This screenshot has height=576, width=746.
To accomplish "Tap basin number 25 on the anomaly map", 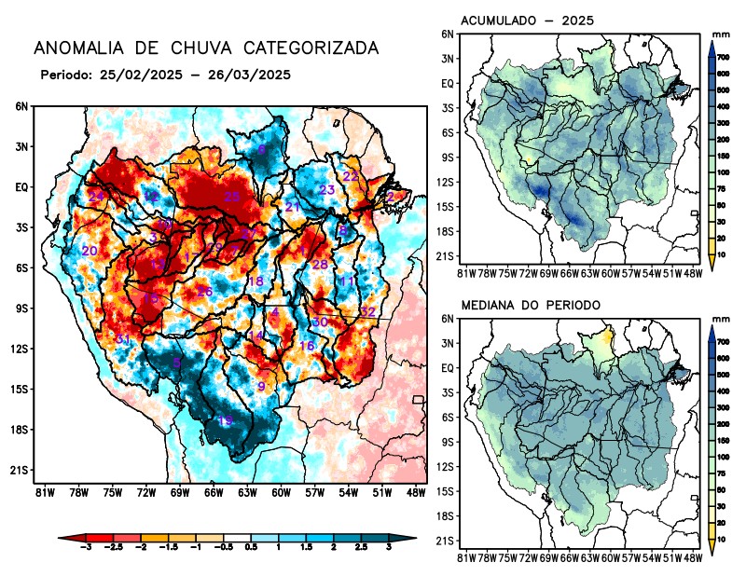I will (x=232, y=197).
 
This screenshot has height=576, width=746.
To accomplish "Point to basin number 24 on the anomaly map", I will (x=96, y=196).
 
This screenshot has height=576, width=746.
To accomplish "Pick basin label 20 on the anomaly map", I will (x=90, y=252).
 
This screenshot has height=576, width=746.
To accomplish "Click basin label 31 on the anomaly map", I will (x=121, y=338).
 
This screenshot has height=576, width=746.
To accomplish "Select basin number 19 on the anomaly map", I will (x=225, y=422).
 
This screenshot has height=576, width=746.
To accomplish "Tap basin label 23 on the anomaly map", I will (x=326, y=190).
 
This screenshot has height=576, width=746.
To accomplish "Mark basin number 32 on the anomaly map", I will (x=368, y=311).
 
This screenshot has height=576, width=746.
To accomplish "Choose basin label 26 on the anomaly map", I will (x=205, y=292).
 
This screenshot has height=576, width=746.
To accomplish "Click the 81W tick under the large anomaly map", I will (x=42, y=492).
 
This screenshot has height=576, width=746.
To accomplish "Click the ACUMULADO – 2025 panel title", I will (x=528, y=21).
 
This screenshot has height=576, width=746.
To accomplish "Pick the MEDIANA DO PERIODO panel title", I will (x=530, y=305).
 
